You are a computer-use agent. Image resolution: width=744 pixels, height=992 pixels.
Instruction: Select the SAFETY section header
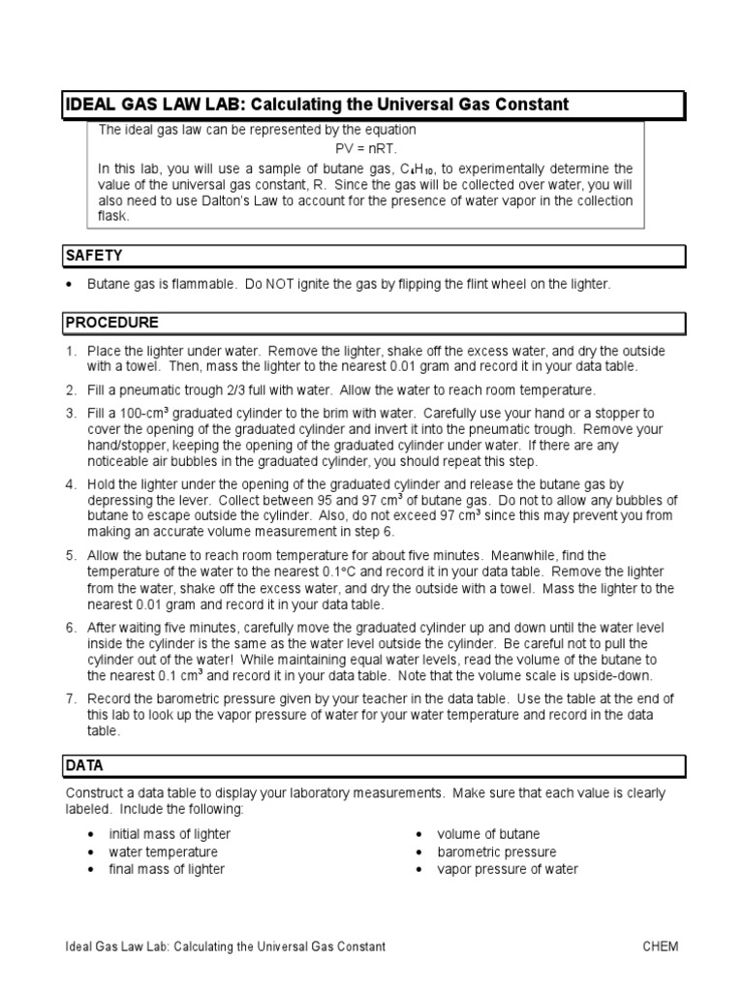pyautogui.click(x=93, y=256)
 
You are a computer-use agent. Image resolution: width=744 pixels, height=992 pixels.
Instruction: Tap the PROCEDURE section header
pyautogui.click(x=110, y=323)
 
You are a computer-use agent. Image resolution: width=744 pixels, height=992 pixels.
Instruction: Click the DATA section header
pyautogui.click(x=83, y=765)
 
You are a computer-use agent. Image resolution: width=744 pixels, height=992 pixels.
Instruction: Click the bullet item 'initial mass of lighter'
pyautogui.click(x=170, y=834)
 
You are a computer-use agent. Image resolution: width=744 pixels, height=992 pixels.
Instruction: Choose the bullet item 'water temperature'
pyautogui.click(x=163, y=852)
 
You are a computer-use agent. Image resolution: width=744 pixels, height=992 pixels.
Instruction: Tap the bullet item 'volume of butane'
pyautogui.click(x=488, y=834)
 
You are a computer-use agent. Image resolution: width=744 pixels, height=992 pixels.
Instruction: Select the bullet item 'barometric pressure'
pyautogui.click(x=496, y=852)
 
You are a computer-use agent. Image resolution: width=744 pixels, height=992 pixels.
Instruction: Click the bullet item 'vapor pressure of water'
pyautogui.click(x=507, y=869)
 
